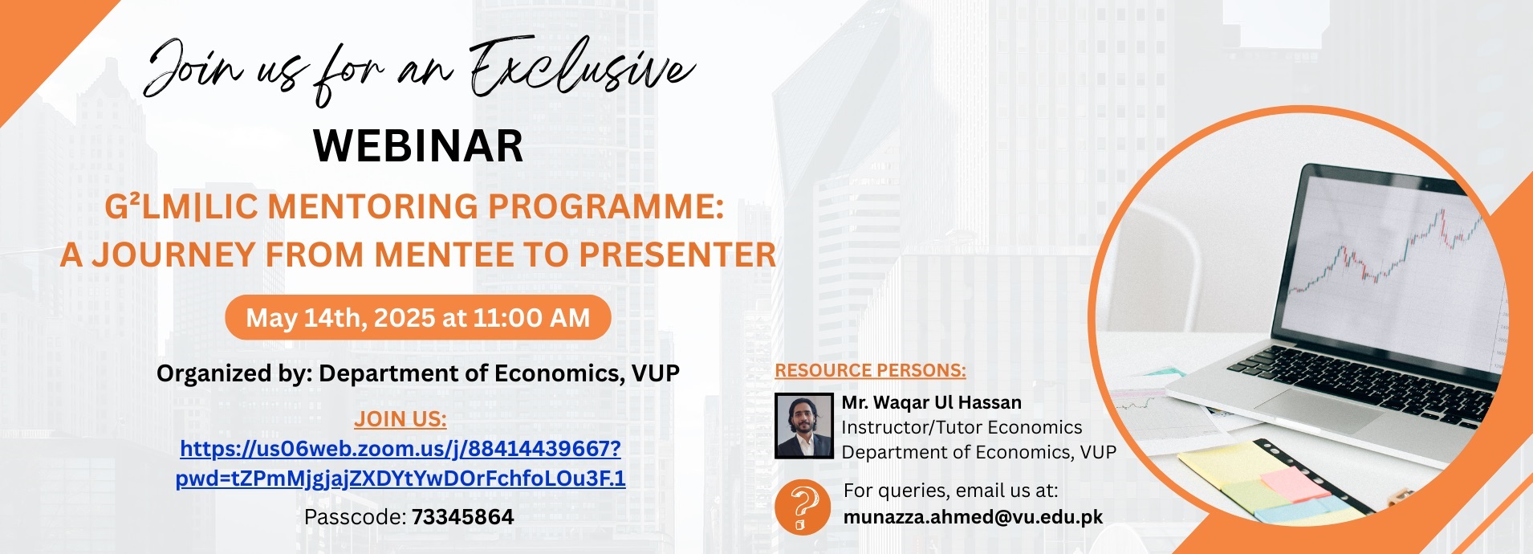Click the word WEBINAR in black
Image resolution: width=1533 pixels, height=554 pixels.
coord(418,146)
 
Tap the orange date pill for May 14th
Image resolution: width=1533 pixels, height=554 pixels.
coord(418,318)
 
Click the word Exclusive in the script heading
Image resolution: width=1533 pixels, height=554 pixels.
coord(582,68)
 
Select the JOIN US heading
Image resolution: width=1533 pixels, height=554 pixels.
coord(401,419)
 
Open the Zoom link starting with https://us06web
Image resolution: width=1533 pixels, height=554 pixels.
coord(401,448)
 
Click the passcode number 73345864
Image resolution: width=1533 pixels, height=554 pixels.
coord(462,517)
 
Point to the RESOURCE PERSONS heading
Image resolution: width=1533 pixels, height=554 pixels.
coord(870,371)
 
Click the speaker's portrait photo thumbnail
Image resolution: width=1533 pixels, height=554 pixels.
coord(803,426)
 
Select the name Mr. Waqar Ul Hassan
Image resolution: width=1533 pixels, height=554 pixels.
coord(931,402)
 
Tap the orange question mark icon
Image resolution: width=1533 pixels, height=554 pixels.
coord(803,507)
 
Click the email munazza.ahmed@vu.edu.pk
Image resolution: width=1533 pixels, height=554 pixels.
coord(973,517)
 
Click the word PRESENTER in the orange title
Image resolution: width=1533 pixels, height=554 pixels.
coord(678,255)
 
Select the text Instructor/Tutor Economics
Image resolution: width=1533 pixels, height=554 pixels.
coord(962,427)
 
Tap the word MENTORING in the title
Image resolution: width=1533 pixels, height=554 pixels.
coord(373,207)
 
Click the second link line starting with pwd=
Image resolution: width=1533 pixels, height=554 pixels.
coord(401,479)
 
